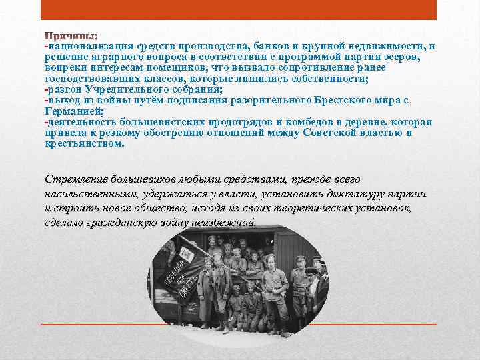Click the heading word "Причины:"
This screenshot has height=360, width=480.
[x=71, y=34]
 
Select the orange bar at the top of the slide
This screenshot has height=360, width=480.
[x=239, y=9]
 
